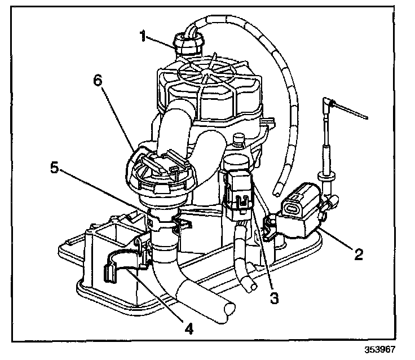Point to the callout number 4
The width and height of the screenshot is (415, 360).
click(189, 328)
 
